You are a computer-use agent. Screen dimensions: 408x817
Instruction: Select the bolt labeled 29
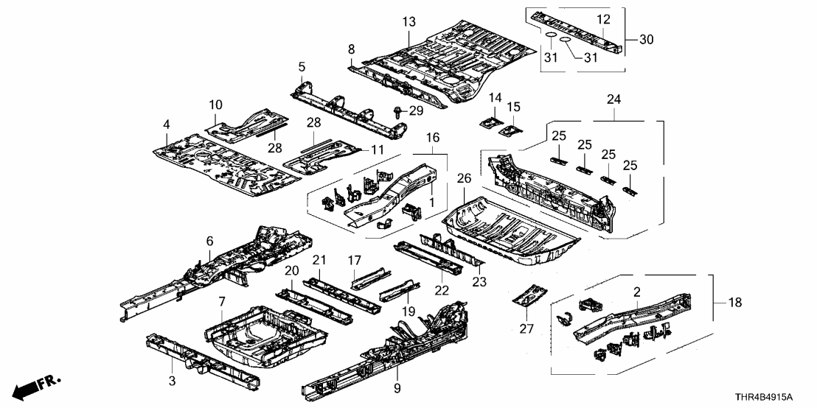pos(399,112)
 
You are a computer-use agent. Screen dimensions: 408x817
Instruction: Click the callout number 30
pos(646,39)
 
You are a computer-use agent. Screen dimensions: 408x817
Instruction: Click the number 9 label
pos(397,387)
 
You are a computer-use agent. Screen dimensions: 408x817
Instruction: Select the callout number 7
pos(222,303)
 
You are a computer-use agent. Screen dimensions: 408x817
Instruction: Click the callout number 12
pos(603,18)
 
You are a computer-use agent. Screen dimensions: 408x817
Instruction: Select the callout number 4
pos(167,124)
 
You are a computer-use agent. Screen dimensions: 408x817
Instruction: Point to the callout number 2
pos(635,292)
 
